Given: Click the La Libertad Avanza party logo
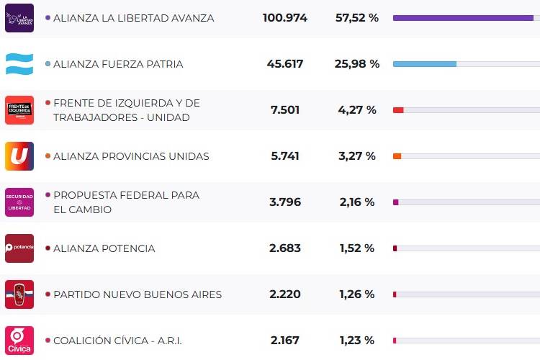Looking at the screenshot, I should pyautogui.click(x=19, y=18).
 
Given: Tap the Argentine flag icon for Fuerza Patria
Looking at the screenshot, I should pyautogui.click(x=19, y=64).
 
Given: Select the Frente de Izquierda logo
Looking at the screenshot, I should pyautogui.click(x=19, y=110).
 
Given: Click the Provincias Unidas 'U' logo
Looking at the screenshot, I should pyautogui.click(x=19, y=156).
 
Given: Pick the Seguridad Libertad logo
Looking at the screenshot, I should pyautogui.click(x=19, y=202).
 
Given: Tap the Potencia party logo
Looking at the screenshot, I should pyautogui.click(x=19, y=248).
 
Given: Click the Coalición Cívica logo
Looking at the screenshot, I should pyautogui.click(x=19, y=341).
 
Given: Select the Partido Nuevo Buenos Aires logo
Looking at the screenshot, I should pyautogui.click(x=19, y=294).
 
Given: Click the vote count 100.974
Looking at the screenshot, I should pyautogui.click(x=284, y=18).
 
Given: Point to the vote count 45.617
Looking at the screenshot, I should pyautogui.click(x=284, y=64).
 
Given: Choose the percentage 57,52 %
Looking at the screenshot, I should pyautogui.click(x=357, y=18).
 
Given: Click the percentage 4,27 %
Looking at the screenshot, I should pyautogui.click(x=357, y=110).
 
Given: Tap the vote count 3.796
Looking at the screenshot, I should pyautogui.click(x=284, y=202).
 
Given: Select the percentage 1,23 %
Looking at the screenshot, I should pyautogui.click(x=357, y=341).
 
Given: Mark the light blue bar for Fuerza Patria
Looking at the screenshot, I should pyautogui.click(x=425, y=64).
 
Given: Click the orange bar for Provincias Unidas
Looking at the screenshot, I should pyautogui.click(x=397, y=156).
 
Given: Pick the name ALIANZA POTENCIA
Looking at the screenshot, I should pyautogui.click(x=104, y=248).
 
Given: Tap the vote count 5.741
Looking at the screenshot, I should pyautogui.click(x=284, y=156).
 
